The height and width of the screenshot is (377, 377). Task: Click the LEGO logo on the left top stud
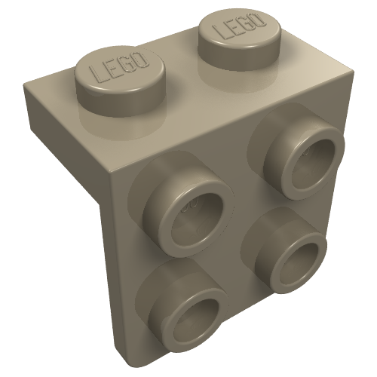118,67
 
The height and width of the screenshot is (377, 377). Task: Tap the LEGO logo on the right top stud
239,26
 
